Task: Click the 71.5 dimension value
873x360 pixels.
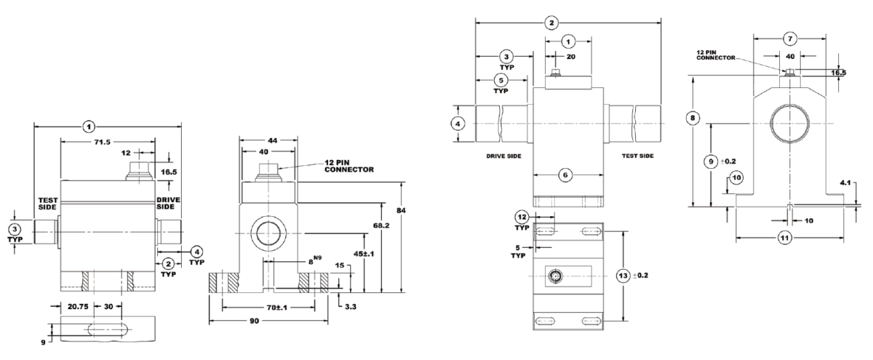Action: pyautogui.click(x=102, y=143)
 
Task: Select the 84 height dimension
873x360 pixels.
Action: pyautogui.click(x=401, y=210)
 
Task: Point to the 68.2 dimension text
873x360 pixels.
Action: pyautogui.click(x=381, y=225)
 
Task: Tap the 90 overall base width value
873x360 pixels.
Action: pyautogui.click(x=254, y=321)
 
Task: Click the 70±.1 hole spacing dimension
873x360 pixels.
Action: pyautogui.click(x=276, y=308)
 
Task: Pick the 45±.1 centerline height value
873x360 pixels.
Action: pyautogui.click(x=363, y=254)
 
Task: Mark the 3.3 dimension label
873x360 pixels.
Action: pyautogui.click(x=351, y=307)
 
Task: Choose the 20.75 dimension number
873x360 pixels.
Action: pyautogui.click(x=78, y=307)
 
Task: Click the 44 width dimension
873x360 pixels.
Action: pyautogui.click(x=272, y=140)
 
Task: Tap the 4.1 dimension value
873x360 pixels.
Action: pyautogui.click(x=845, y=183)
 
